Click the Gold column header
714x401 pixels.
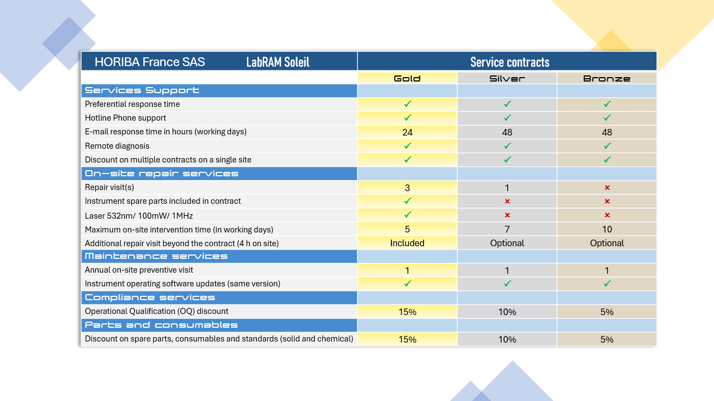(x=407, y=78)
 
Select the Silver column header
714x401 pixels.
(x=507, y=78)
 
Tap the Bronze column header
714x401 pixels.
(x=606, y=78)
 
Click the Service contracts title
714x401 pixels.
(x=509, y=62)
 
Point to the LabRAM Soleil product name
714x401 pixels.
(x=277, y=62)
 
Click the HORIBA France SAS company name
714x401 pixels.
(x=149, y=62)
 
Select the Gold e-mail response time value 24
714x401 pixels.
(x=407, y=132)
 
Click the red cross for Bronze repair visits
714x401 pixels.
(x=607, y=187)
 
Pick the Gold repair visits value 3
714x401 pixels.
(x=407, y=188)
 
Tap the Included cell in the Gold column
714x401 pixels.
(x=407, y=243)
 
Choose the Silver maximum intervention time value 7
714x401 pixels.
(x=507, y=229)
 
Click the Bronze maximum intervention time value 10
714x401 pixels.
(x=607, y=229)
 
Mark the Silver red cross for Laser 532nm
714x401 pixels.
(x=507, y=215)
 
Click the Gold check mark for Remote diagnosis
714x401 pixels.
(x=407, y=146)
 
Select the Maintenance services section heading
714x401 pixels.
(x=156, y=256)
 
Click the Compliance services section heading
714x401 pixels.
(x=149, y=297)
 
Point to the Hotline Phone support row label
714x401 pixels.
(x=125, y=118)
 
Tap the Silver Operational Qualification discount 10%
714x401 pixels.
(x=507, y=312)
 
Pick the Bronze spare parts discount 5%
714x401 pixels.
(x=607, y=339)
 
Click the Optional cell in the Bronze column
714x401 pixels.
(x=607, y=243)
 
